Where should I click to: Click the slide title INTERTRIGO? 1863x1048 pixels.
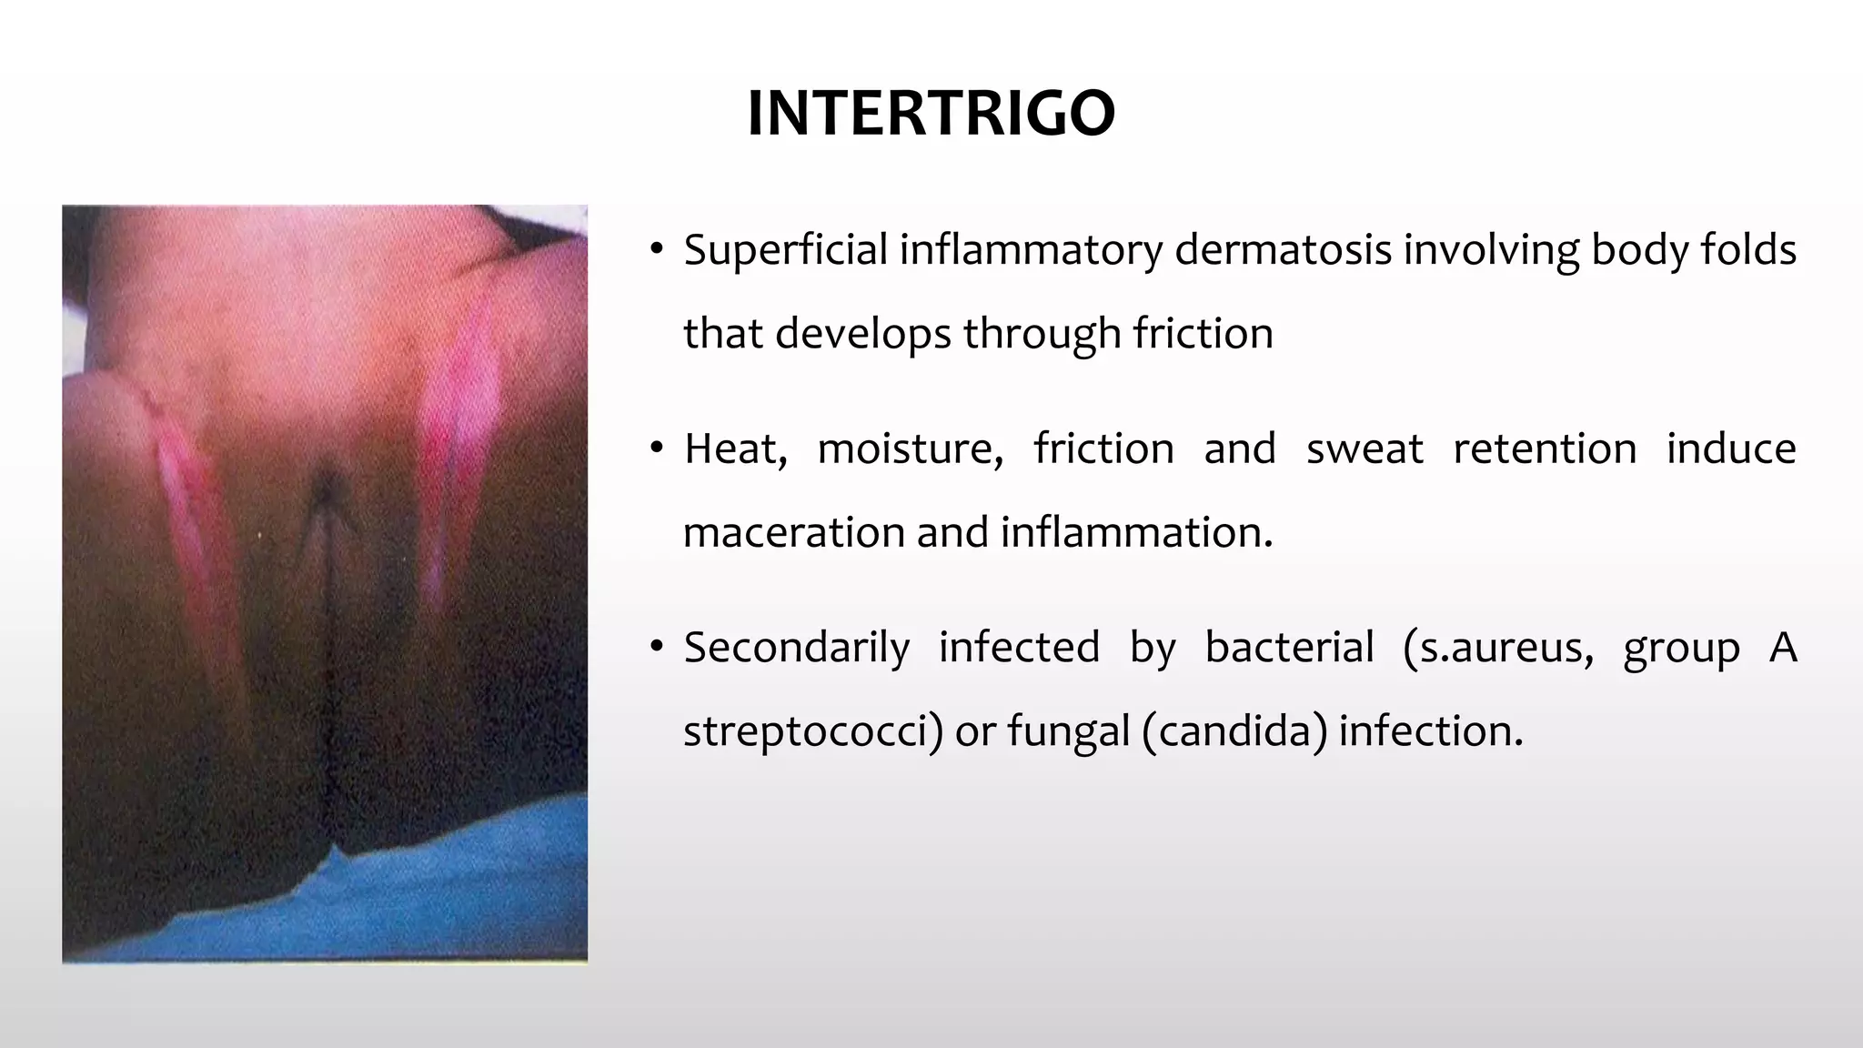931,114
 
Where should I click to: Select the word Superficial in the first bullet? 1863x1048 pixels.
785,250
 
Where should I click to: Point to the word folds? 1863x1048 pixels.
1747,250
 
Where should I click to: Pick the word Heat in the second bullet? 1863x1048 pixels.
735,449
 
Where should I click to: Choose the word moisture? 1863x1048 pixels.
910,449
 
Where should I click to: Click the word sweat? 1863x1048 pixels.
1365,449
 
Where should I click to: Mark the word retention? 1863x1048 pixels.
1545,449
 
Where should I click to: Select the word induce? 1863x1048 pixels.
1731,449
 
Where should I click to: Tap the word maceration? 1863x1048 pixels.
793,533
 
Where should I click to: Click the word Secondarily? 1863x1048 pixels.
796,649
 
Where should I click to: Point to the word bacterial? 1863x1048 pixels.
1289,649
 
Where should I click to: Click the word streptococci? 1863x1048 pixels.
811,731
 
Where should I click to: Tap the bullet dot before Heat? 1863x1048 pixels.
657,449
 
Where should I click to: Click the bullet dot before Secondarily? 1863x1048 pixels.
657,649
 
